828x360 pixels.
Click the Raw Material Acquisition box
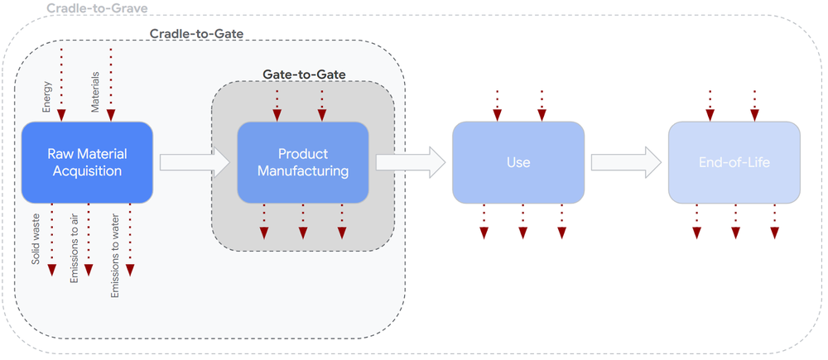[86, 162]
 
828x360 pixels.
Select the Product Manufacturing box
[303, 162]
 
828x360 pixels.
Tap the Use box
[517, 162]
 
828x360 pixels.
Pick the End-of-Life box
[734, 162]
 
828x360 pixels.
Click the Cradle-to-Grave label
[97, 8]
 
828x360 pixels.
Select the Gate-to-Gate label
[305, 74]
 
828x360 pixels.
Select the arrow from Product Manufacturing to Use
[409, 162]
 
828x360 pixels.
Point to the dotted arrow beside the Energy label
[62, 83]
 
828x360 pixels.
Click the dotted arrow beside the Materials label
[110, 83]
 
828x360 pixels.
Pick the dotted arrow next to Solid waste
[51, 240]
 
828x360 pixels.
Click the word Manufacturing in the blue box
[303, 171]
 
